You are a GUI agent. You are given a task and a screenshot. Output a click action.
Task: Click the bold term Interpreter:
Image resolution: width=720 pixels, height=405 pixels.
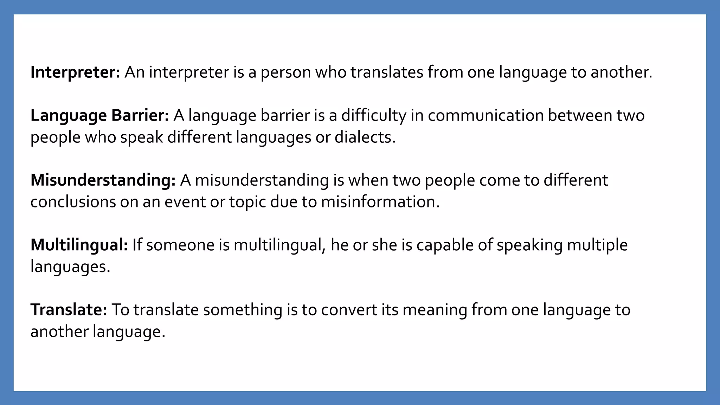pos(75,72)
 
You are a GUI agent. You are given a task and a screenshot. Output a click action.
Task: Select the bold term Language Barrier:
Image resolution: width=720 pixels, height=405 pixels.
pos(100,116)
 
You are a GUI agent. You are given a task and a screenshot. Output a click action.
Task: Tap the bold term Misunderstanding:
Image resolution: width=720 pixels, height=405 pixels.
pos(103,180)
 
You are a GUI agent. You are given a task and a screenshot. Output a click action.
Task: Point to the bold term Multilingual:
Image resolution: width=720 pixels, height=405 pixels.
pos(79,245)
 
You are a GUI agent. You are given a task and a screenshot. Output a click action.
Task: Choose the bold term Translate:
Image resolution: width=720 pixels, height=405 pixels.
pos(69,310)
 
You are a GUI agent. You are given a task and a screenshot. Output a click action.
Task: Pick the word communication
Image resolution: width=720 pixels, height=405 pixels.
pos(486,116)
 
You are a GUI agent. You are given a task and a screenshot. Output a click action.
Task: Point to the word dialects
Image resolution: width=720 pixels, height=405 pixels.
pos(365,137)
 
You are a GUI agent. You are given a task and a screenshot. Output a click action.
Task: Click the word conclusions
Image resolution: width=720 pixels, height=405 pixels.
pos(73,202)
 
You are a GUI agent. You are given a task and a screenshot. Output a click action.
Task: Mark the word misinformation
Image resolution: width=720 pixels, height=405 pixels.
pos(380,202)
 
